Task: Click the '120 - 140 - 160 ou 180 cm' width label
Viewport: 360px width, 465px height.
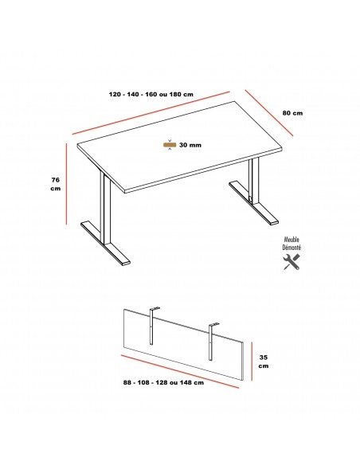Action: pos(151,94)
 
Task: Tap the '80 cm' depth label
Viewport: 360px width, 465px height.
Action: pos(292,113)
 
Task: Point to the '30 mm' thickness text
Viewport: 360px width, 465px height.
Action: pos(190,145)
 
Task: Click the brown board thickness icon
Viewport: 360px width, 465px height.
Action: pos(170,145)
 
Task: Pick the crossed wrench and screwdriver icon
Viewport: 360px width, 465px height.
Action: pos(292,262)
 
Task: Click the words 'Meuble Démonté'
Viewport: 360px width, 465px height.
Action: pos(292,244)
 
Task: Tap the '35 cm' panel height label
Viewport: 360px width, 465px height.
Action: pos(263,362)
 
